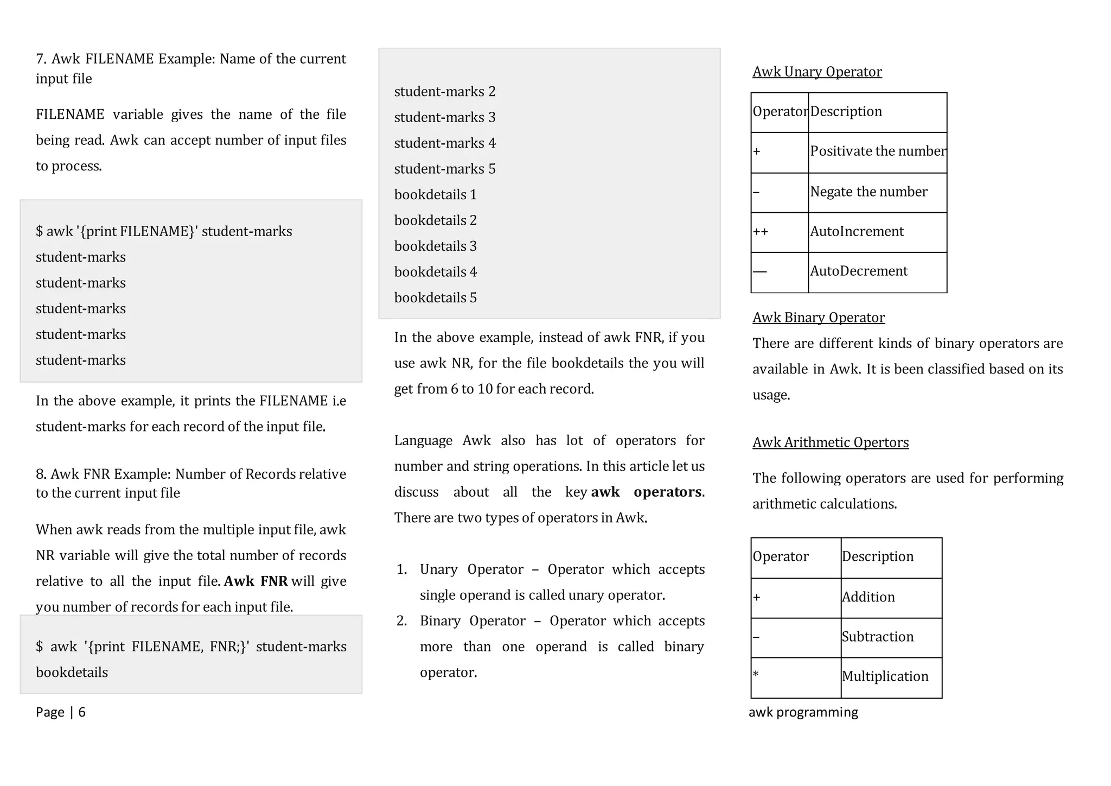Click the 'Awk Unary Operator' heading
pyautogui.click(x=816, y=72)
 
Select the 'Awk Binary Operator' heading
pyautogui.click(x=818, y=318)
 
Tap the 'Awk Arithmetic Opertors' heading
pyautogui.click(x=830, y=442)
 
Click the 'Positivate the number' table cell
pyautogui.click(x=877, y=151)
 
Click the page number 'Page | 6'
pyautogui.click(x=60, y=712)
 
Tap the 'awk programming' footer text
pyautogui.click(x=803, y=712)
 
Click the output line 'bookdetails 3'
pyautogui.click(x=435, y=246)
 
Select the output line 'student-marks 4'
pyautogui.click(x=444, y=143)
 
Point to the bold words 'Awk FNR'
pyautogui.click(x=256, y=581)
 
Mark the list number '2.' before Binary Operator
pyautogui.click(x=402, y=621)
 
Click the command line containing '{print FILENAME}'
pyautogui.click(x=163, y=232)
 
